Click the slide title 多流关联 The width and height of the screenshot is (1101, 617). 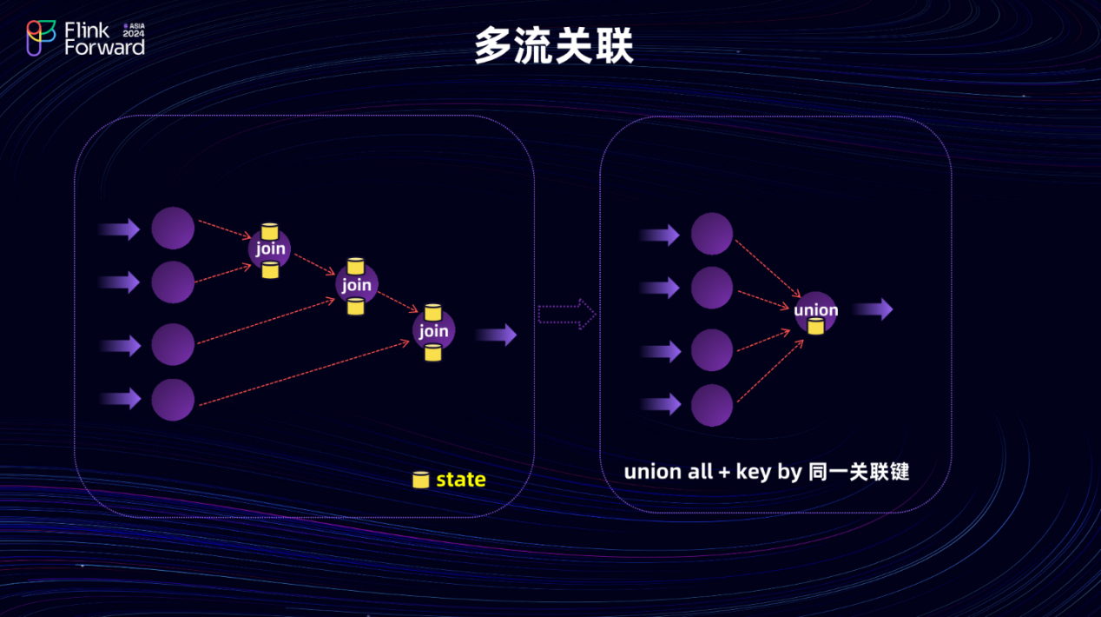point(554,47)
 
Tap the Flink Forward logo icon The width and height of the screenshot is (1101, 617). point(41,37)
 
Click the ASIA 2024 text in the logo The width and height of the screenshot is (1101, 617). point(134,30)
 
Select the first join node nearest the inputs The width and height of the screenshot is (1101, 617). point(270,250)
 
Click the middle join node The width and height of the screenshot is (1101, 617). point(356,285)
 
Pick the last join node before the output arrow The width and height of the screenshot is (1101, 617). point(433,331)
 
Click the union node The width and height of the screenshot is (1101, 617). point(815,312)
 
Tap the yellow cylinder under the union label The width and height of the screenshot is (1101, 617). point(815,326)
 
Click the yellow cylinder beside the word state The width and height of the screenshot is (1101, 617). point(421,480)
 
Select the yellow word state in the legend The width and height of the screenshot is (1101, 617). point(460,480)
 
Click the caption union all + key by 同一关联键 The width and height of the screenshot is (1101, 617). point(766,472)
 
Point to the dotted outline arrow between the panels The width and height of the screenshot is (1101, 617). point(566,314)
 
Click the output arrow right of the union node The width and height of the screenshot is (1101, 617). point(873,309)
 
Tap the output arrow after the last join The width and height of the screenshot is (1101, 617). point(497,335)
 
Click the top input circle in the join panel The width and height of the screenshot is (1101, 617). point(173,228)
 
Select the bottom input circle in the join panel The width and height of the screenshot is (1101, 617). point(173,400)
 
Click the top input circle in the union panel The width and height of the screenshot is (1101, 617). point(712,234)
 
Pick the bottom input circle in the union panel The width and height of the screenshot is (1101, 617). point(712,405)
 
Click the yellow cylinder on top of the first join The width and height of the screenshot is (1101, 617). point(270,231)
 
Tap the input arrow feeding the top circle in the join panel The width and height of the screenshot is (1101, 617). point(119,229)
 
